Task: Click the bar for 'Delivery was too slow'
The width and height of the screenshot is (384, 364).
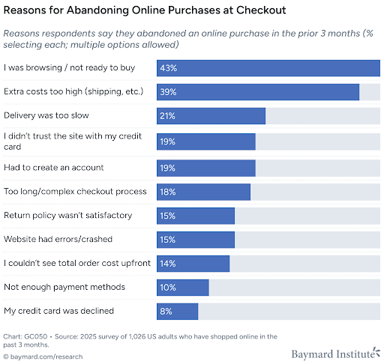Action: (x=211, y=116)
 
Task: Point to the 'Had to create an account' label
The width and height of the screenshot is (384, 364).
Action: (x=53, y=166)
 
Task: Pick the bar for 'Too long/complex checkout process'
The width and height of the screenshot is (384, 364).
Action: (x=203, y=191)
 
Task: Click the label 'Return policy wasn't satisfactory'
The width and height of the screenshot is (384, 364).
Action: (x=67, y=215)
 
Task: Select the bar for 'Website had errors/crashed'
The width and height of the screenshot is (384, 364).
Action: (x=195, y=240)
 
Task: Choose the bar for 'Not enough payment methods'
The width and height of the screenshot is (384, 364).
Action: (x=182, y=288)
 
